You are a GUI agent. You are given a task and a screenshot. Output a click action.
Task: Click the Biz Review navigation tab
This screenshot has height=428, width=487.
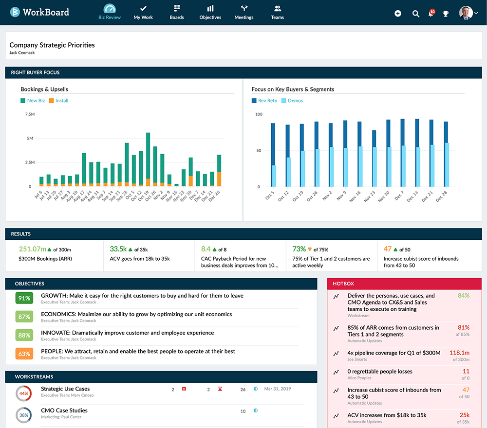click(x=110, y=12)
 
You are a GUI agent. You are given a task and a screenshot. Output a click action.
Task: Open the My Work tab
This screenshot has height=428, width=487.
click(x=143, y=12)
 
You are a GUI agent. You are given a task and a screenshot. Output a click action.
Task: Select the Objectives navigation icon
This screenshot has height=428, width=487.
click(x=210, y=12)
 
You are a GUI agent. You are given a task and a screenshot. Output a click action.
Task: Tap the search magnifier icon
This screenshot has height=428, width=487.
click(x=416, y=14)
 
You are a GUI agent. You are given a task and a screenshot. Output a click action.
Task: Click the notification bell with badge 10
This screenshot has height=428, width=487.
click(x=431, y=13)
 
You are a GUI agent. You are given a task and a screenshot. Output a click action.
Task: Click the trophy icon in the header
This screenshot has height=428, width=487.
click(x=446, y=14)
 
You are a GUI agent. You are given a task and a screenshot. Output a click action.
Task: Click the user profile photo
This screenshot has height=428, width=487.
click(x=466, y=13)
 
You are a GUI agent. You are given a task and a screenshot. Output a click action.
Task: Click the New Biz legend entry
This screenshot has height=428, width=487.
click(x=36, y=101)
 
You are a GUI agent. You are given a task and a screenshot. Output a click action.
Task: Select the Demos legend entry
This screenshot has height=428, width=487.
click(x=295, y=101)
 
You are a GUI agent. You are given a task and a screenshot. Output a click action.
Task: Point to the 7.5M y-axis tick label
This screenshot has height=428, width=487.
click(x=29, y=114)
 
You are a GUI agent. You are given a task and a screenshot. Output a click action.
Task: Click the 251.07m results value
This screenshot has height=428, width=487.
click(x=32, y=249)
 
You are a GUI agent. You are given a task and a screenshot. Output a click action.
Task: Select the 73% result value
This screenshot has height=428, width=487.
click(x=299, y=249)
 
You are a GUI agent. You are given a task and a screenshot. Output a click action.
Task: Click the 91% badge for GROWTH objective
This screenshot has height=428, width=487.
click(x=24, y=298)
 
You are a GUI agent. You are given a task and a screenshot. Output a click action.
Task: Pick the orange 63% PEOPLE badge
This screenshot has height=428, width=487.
click(x=24, y=354)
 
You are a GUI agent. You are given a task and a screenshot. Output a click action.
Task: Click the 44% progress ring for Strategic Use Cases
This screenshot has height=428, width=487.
click(x=24, y=392)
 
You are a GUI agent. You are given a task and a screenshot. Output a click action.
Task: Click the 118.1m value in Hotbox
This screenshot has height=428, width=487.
click(x=459, y=353)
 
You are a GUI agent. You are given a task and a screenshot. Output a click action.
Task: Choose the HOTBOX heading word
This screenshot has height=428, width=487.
click(x=343, y=283)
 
